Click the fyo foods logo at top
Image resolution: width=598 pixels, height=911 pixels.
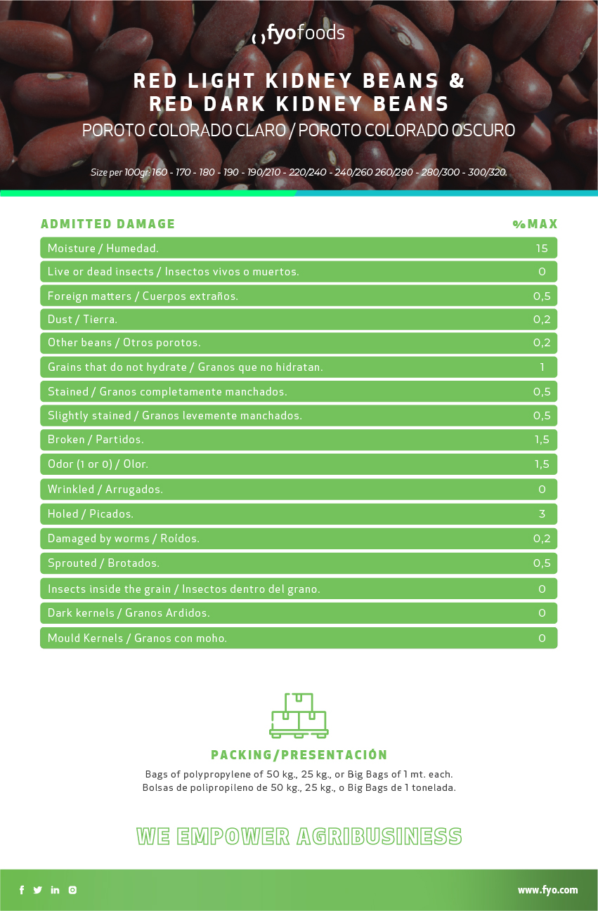click(x=299, y=33)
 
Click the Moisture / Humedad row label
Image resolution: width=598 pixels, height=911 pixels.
click(x=103, y=248)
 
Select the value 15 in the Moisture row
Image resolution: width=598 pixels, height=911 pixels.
click(x=541, y=248)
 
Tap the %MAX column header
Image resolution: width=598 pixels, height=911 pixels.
click(x=535, y=224)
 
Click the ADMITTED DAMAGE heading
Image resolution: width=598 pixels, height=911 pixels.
click(x=108, y=224)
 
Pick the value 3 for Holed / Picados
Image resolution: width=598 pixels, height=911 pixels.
click(x=542, y=514)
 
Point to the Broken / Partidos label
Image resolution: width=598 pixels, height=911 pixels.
click(x=96, y=440)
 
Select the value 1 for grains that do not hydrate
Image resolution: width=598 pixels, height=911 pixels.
click(x=542, y=367)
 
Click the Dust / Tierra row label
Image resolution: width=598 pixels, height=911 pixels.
click(x=82, y=320)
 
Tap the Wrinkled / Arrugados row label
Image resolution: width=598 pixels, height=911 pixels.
click(x=105, y=490)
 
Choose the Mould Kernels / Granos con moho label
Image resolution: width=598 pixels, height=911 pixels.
click(x=137, y=638)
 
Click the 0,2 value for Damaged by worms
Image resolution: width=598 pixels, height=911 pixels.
click(x=541, y=539)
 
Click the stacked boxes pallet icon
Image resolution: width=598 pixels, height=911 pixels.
click(x=299, y=716)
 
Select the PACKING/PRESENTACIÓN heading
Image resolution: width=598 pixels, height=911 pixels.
click(x=299, y=755)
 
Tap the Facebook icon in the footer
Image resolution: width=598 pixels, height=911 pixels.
click(x=22, y=890)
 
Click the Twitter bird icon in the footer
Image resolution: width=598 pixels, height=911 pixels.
click(x=38, y=890)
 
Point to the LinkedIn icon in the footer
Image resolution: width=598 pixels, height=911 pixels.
click(x=56, y=890)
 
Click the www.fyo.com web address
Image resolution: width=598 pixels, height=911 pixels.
click(x=547, y=890)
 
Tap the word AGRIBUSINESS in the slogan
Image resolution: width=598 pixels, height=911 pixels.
click(x=379, y=837)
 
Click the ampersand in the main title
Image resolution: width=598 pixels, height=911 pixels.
click(x=457, y=81)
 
